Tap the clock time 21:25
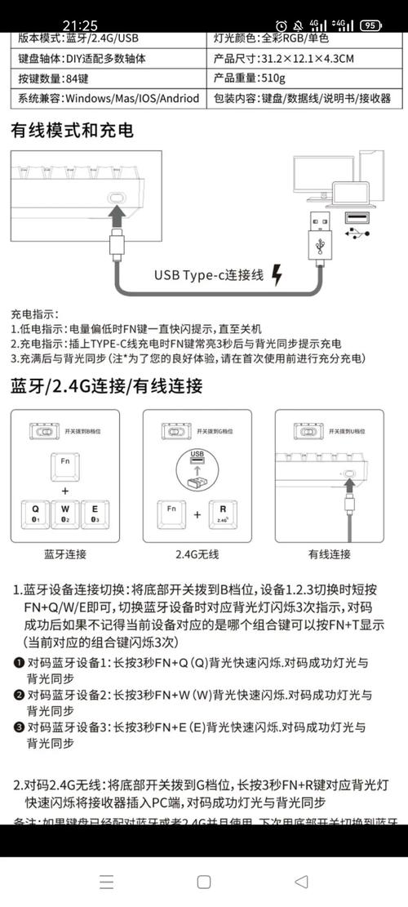pos(79,25)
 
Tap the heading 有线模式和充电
pos(72,130)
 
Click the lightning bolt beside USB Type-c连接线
pos(277,275)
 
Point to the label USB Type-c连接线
pos(209,275)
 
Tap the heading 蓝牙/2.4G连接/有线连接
pos(106,386)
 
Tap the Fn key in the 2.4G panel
pos(171,514)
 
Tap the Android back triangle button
pos(301,881)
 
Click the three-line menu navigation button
pos(106,881)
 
